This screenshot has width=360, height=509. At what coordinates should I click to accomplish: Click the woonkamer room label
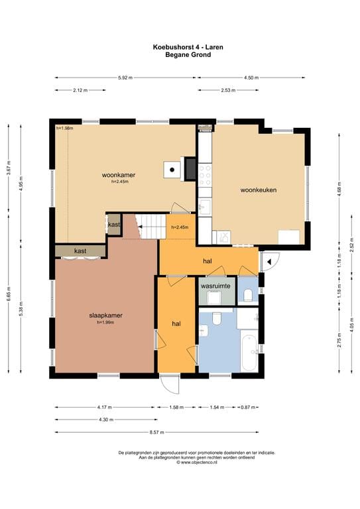[119, 175]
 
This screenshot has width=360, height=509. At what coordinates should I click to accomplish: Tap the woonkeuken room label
[259, 190]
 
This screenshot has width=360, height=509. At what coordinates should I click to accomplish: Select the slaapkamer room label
[105, 315]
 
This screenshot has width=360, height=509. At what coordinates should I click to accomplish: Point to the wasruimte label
[215, 286]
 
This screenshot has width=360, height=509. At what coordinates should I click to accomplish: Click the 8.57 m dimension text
[156, 432]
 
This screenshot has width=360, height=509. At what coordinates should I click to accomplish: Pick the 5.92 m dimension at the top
[125, 78]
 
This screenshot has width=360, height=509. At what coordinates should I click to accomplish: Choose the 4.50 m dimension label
[251, 78]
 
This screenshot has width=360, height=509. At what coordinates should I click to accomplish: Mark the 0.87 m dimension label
[248, 407]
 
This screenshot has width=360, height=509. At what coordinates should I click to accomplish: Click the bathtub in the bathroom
[249, 353]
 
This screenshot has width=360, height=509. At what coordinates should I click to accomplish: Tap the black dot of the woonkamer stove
[172, 170]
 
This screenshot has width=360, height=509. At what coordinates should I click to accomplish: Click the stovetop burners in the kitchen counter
[205, 175]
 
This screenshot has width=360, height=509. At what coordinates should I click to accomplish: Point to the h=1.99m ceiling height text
[105, 322]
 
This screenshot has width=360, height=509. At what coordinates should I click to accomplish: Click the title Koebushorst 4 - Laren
[188, 47]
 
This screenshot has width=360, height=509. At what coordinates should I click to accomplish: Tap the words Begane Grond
[188, 54]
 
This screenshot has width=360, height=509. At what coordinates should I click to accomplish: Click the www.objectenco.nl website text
[197, 462]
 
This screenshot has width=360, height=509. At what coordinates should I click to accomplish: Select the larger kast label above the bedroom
[80, 251]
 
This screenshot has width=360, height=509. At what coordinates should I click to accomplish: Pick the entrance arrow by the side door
[269, 262]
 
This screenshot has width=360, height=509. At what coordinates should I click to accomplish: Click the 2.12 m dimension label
[80, 90]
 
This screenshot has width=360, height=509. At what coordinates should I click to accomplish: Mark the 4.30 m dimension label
[106, 420]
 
